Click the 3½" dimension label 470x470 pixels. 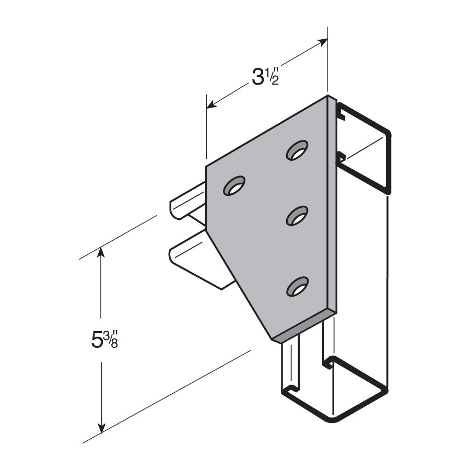(266, 77)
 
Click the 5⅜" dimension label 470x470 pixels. (104, 339)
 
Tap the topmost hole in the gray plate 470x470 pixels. (297, 150)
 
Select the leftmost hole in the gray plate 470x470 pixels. (234, 185)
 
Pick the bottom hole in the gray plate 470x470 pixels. (297, 287)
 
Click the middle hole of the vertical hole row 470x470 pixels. (297, 216)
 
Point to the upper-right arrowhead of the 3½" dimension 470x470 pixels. (323, 42)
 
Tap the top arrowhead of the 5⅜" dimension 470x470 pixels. (101, 252)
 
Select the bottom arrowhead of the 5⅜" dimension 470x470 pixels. (102, 428)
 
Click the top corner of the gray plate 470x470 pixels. (327, 96)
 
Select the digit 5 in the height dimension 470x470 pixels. (97, 340)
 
